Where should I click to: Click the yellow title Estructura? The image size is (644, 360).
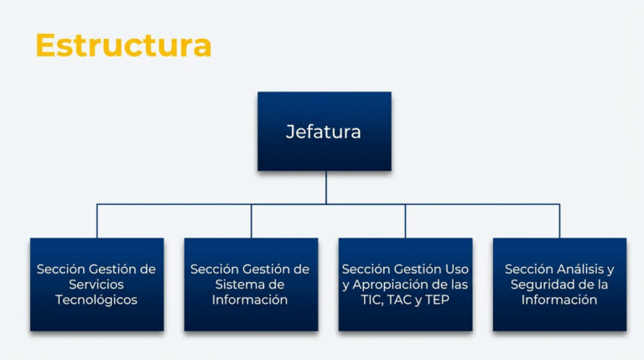coord(123,44)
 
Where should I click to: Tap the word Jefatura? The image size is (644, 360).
coord(324,132)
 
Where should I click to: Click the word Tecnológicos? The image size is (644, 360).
coord(96,300)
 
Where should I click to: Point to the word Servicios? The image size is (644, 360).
coord(96,284)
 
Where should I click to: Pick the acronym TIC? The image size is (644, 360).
coord(373,300)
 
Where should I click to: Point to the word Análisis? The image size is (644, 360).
coord(579,269)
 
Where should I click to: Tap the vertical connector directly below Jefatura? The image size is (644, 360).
coord(325,187)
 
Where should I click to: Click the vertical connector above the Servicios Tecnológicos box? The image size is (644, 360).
coord(97,221)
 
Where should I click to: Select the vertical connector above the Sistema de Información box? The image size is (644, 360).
coord(252,221)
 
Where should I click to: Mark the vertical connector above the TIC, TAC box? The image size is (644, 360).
coord(406,221)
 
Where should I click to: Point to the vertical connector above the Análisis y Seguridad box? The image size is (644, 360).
coord(560,221)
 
